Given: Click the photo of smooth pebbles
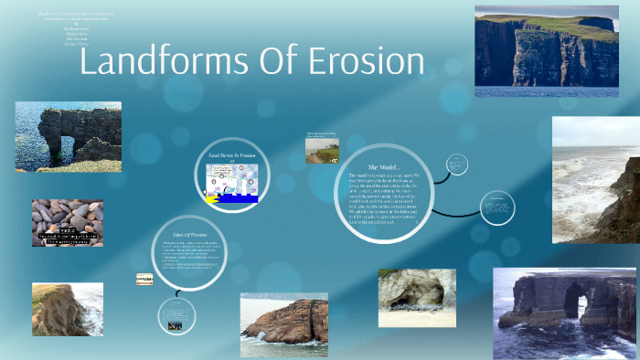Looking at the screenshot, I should (68, 222).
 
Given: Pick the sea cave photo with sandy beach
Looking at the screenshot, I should (417, 298).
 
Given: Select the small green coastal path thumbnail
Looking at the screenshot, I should (322, 149).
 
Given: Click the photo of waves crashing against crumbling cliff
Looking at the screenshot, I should (595, 179).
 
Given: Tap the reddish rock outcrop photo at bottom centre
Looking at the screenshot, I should (283, 323).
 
